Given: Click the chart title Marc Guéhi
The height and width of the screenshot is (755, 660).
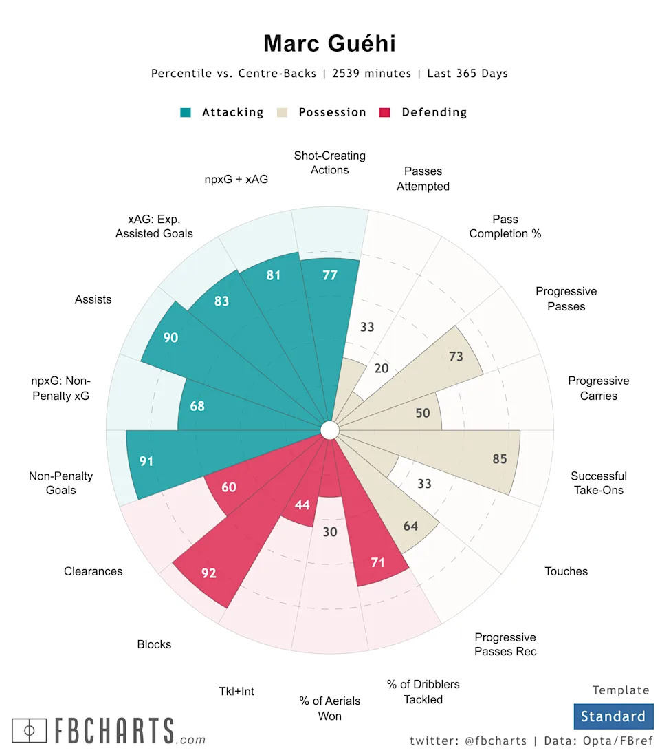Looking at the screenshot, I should coord(330,44).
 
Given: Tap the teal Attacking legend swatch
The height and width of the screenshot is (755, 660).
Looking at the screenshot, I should coord(186,112).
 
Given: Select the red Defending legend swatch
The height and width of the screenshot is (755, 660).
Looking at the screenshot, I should coord(385,112).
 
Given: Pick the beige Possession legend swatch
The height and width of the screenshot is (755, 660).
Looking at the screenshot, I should coord(282,112).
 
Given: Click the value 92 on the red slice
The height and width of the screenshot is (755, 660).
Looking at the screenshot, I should coord(209,573).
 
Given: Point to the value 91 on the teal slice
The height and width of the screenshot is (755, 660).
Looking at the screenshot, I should coord(146,461).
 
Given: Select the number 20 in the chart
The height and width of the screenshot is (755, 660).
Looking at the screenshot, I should coord(382,368).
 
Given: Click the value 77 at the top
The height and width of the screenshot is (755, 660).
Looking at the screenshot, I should coord(330,275).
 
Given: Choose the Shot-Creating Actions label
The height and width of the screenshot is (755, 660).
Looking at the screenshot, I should coord(330,163).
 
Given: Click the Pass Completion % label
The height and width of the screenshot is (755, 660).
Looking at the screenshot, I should coord(505,226).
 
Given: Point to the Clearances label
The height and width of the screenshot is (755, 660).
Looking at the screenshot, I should coord(93,571).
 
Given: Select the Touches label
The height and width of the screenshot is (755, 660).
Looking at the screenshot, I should coord(566,571).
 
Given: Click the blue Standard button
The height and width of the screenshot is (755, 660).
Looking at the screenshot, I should coord(613,716).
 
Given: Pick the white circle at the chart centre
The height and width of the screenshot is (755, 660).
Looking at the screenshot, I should coord(330,430).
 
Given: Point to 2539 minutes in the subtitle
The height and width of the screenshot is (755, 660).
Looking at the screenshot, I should coord(372,74).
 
